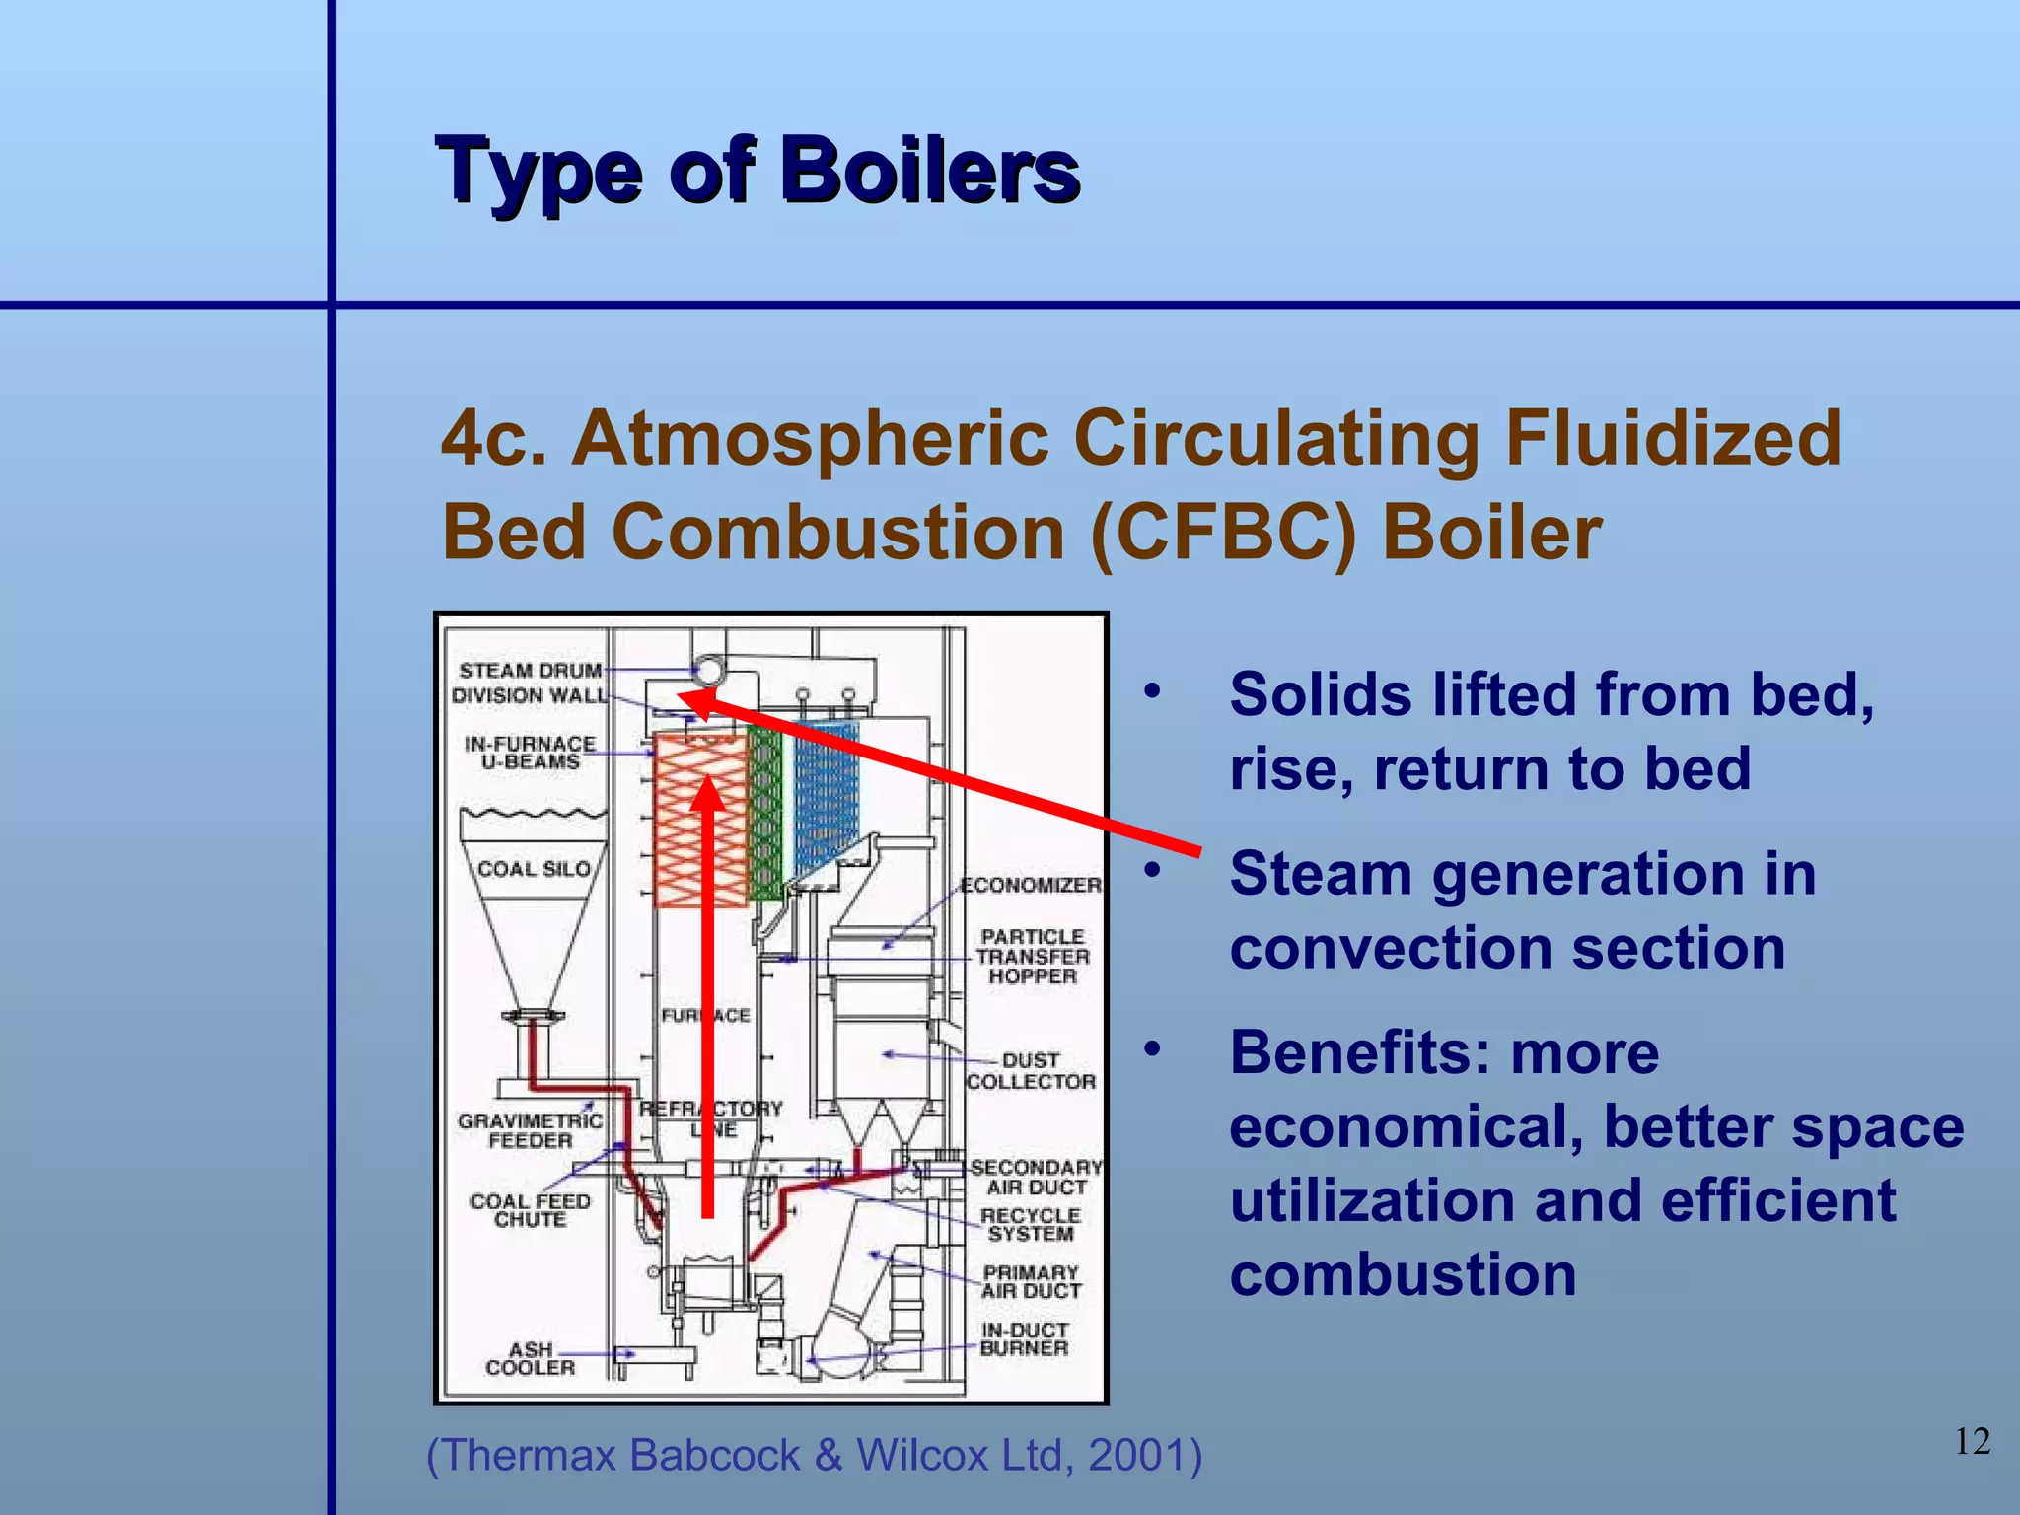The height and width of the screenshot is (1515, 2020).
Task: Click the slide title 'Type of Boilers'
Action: pos(757,172)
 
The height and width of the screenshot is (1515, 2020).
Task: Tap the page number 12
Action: pos(1972,1441)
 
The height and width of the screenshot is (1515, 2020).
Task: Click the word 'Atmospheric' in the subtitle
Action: pos(810,438)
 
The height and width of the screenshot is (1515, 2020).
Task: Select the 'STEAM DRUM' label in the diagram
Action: pos(530,671)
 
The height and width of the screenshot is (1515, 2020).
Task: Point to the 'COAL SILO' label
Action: pos(534,869)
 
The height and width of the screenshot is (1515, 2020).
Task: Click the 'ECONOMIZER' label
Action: pos(1031,885)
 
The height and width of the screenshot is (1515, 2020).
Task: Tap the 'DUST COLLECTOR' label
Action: pos(1031,1071)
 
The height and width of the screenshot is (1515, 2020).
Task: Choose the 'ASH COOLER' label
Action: pos(531,1358)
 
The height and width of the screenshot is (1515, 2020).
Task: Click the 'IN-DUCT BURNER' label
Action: pos(1024,1339)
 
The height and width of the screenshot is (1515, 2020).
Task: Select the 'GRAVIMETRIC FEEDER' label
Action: pos(530,1130)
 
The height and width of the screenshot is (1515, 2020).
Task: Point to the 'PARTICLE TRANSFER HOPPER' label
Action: pos(1033,956)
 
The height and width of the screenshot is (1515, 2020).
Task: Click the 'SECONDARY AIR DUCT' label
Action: pos(1036,1177)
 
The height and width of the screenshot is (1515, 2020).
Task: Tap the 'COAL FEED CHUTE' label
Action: pos(530,1210)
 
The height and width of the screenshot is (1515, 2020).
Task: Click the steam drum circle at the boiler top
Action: pos(709,671)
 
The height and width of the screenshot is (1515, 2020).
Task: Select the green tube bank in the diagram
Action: pos(764,814)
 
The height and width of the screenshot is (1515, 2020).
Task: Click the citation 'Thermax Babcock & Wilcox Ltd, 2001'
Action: pos(814,1455)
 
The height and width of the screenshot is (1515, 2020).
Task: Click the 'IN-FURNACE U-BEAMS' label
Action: pos(531,753)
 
